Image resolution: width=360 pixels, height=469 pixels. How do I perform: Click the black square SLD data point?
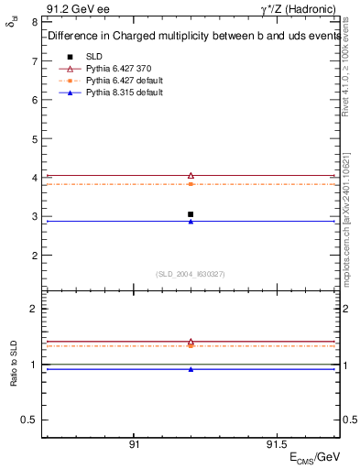(x=191, y=214)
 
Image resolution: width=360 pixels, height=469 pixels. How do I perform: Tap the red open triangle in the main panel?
(x=191, y=175)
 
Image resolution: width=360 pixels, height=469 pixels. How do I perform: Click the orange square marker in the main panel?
(x=191, y=184)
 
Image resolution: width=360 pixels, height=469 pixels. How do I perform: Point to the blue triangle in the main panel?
(x=191, y=222)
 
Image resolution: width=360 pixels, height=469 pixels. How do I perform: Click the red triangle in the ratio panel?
(x=191, y=342)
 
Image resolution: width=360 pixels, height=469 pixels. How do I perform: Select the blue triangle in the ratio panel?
(x=191, y=369)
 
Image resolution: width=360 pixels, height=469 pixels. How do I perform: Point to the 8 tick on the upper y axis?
(x=34, y=22)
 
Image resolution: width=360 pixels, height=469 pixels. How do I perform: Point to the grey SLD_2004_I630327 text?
(x=190, y=274)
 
